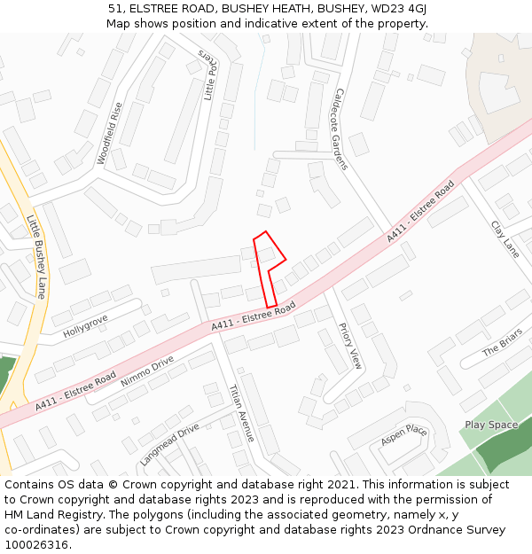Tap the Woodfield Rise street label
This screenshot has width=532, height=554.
click(109, 134)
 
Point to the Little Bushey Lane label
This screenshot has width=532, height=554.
click(36, 256)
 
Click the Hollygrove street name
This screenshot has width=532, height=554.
click(85, 325)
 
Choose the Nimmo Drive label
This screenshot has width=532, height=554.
click(148, 368)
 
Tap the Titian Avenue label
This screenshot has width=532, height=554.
click(241, 413)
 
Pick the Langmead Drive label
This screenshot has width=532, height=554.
click(169, 444)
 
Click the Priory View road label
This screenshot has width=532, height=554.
click(350, 346)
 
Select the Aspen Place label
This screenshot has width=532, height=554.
click(403, 436)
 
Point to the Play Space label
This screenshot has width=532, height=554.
click(491, 425)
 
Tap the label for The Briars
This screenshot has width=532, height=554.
click(503, 342)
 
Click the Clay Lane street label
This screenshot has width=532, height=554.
click(505, 239)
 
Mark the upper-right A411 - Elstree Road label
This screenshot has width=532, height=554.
click(420, 212)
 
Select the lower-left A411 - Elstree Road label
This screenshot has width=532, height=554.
click(76, 391)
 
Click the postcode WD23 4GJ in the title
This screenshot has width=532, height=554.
click(395, 8)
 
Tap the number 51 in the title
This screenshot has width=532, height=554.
click(115, 8)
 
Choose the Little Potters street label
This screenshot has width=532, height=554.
click(208, 75)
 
